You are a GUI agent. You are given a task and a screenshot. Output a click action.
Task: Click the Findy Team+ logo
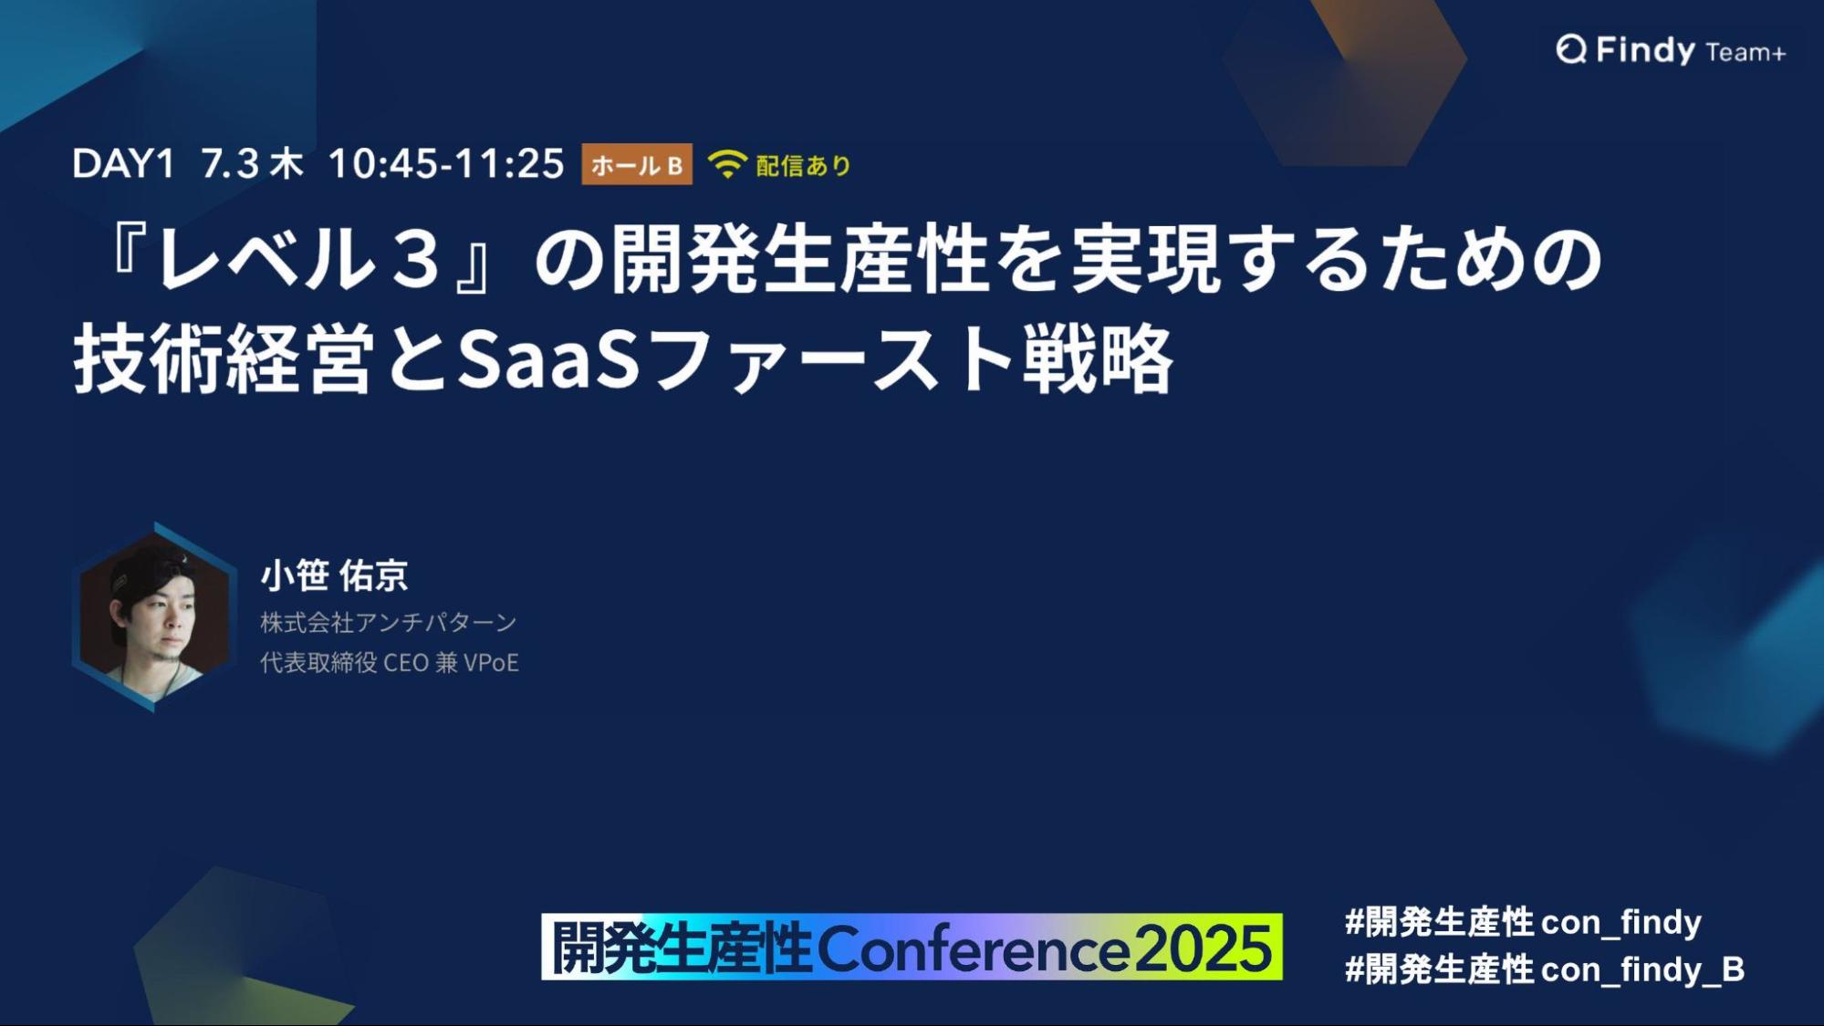[x=1671, y=50]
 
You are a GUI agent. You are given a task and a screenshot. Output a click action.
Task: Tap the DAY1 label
[x=123, y=164]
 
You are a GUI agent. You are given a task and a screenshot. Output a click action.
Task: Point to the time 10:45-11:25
[x=446, y=164]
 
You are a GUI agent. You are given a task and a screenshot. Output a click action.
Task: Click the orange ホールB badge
[x=637, y=164]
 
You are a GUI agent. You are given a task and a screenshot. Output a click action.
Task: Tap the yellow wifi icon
[x=727, y=164]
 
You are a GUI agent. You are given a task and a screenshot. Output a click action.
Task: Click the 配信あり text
[x=804, y=165]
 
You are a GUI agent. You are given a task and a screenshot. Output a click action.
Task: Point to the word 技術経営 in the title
[x=224, y=359]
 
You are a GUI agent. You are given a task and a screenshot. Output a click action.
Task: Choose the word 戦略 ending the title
[x=1097, y=359]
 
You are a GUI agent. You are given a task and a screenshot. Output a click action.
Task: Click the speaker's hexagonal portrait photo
[x=154, y=617]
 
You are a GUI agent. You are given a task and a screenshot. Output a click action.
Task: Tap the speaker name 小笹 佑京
[x=334, y=575]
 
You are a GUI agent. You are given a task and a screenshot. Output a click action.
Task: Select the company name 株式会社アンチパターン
[x=389, y=623]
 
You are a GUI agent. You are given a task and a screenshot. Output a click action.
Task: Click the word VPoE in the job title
[x=491, y=663]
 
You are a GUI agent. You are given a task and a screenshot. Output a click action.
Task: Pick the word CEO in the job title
[x=406, y=663]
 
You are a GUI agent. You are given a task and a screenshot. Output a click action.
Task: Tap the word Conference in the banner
[x=974, y=948]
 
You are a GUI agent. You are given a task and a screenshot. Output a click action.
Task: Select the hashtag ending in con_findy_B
[x=1545, y=969]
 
